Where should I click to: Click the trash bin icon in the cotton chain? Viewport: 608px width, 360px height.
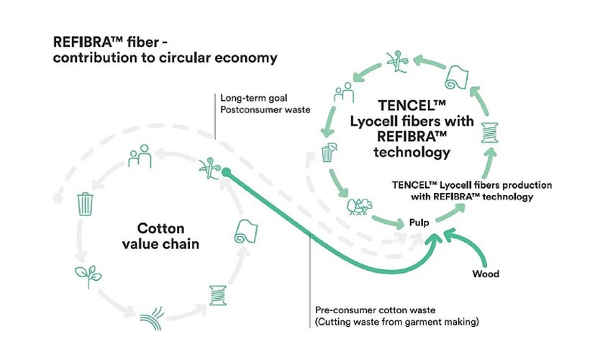pyautogui.click(x=86, y=204)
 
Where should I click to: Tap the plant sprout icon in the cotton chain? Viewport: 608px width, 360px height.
pyautogui.click(x=89, y=276)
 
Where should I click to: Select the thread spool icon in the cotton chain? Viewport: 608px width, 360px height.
pyautogui.click(x=218, y=296)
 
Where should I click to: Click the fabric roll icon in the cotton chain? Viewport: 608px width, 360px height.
pyautogui.click(x=246, y=232)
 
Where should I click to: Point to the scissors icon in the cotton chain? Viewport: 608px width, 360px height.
pyautogui.click(x=210, y=168)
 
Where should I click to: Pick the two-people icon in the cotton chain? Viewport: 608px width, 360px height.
pyautogui.click(x=140, y=156)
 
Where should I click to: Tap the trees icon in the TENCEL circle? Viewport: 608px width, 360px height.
pyautogui.click(x=360, y=207)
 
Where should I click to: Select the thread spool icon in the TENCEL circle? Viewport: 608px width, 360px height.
pyautogui.click(x=489, y=132)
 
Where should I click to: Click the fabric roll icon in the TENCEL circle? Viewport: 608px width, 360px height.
pyautogui.click(x=457, y=78)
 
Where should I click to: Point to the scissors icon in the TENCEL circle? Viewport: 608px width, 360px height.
pyautogui.click(x=397, y=61)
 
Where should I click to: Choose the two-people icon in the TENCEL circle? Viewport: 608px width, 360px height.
pyautogui.click(x=344, y=92)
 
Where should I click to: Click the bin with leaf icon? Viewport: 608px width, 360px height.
pyautogui.click(x=329, y=153)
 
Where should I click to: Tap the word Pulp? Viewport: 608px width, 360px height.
pyautogui.click(x=419, y=222)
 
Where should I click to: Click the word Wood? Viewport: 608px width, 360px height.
pyautogui.click(x=486, y=274)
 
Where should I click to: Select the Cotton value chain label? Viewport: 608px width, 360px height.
pyautogui.click(x=160, y=236)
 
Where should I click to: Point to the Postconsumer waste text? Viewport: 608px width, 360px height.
pyautogui.click(x=266, y=109)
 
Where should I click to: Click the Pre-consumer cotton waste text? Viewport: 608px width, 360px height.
pyautogui.click(x=375, y=310)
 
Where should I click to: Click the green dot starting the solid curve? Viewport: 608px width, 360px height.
pyautogui.click(x=227, y=172)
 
